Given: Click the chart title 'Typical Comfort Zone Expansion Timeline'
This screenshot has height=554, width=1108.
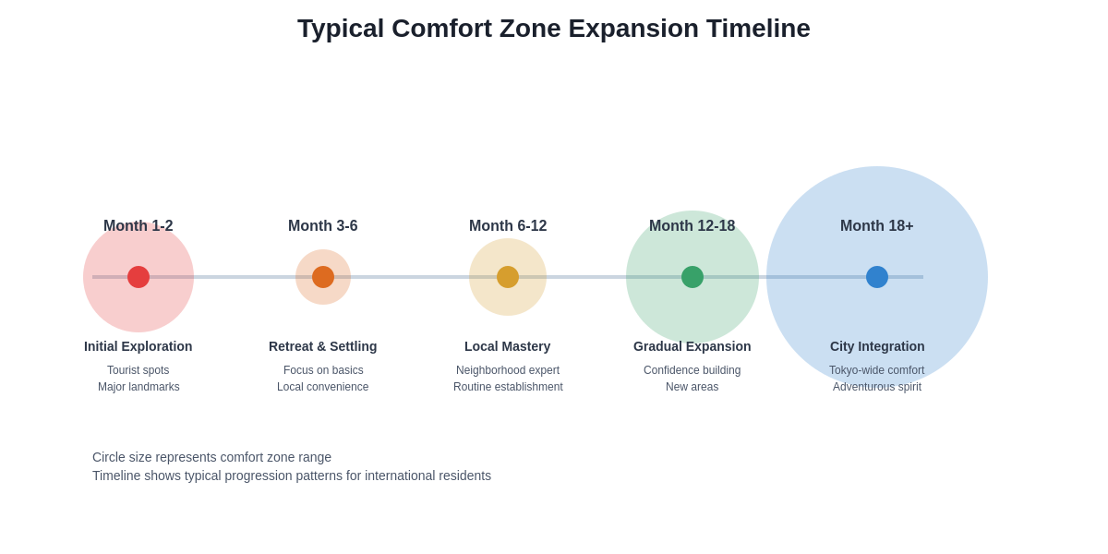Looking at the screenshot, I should click(553, 29).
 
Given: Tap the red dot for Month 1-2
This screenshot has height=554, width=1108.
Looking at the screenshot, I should click(138, 277).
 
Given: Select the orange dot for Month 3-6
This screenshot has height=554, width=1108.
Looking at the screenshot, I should click(323, 277).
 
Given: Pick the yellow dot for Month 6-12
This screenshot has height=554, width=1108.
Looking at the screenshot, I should click(508, 277).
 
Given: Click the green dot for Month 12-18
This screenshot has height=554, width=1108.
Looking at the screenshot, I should click(692, 277).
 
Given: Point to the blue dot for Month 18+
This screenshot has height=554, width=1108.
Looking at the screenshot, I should click(877, 277).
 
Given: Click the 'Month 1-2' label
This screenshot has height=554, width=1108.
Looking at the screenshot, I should click(138, 226).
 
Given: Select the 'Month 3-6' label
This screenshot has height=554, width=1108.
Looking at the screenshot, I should click(323, 226).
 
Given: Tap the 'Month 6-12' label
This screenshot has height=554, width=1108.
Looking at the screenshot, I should click(508, 226).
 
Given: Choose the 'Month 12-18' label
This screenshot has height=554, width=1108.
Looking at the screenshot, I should click(692, 226).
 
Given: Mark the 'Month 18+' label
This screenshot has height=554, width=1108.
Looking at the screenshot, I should click(877, 226).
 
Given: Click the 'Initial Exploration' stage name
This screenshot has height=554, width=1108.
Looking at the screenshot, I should click(138, 346).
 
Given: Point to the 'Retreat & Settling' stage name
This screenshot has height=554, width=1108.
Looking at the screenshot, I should click(323, 346).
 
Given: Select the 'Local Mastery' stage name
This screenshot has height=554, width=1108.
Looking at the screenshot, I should click(508, 346).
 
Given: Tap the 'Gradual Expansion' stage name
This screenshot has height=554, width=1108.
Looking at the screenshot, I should click(692, 346).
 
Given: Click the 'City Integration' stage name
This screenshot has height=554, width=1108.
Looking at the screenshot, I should click(877, 346).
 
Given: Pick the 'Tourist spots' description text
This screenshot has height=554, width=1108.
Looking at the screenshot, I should click(138, 370).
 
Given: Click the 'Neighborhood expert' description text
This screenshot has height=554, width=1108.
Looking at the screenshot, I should click(508, 370).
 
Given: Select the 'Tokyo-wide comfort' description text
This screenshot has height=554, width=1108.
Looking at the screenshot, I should click(877, 370).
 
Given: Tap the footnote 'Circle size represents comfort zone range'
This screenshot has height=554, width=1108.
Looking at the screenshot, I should click(211, 457).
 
